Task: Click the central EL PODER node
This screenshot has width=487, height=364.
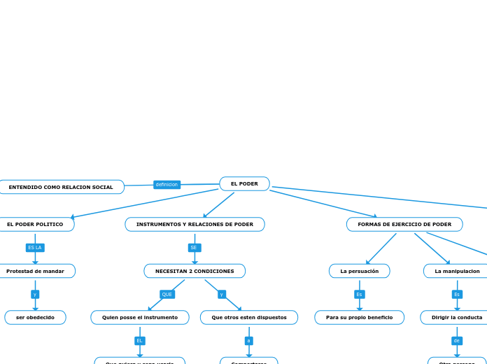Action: pos(244,184)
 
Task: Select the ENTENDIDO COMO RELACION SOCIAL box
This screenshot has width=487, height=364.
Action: pos(61,187)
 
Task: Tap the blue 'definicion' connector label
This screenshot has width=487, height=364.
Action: pos(167,185)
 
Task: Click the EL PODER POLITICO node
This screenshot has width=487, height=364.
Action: pos(35,225)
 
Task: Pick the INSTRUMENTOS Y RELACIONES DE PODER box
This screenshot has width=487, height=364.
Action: pos(195,225)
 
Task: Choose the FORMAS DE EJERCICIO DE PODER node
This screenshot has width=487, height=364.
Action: pos(404,225)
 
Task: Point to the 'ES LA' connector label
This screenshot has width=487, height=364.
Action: pos(35,248)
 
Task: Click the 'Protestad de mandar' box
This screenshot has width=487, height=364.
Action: pos(35,271)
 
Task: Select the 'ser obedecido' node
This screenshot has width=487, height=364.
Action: pos(35,318)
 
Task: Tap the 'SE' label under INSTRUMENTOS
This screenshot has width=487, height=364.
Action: pos(194,248)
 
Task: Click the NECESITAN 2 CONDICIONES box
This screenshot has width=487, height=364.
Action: pos(195,271)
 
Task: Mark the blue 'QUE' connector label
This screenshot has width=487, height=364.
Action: pos(167,295)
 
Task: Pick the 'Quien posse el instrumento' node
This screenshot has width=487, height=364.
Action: pos(140,318)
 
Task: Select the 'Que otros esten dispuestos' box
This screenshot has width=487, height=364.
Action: pos(249,318)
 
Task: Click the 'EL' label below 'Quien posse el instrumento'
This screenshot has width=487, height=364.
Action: pos(140,341)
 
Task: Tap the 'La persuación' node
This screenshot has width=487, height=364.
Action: pos(360,271)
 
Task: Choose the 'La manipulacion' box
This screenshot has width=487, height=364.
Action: pos(457,271)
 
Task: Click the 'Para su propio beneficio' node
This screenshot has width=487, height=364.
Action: pos(359,318)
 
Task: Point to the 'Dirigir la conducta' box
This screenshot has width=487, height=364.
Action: pos(456,318)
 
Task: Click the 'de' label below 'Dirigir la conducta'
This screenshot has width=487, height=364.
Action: pos(457,341)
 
